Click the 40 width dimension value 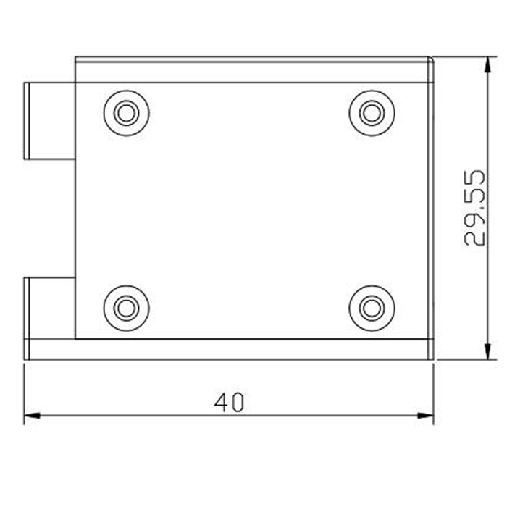coord(230,402)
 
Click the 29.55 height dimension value coord(474,209)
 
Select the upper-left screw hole coord(127,113)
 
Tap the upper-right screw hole coord(372,113)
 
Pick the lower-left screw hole coord(127,308)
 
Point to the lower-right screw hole coord(372,308)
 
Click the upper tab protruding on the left coord(49,120)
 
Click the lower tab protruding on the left coord(49,308)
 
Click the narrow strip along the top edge coord(253,70)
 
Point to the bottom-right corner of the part coord(431,357)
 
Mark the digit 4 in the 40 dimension coord(221,402)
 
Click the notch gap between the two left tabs coord(49,217)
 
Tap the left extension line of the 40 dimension coord(25,391)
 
